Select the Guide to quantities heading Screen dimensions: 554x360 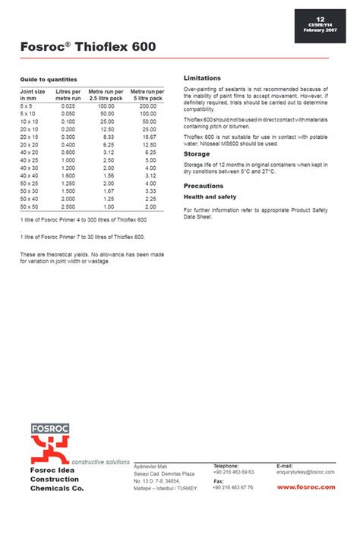click(x=48, y=79)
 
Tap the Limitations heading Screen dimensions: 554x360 click(x=202, y=78)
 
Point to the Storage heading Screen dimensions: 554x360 click(x=197, y=154)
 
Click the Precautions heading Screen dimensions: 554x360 click(x=204, y=186)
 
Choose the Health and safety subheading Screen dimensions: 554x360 click(x=210, y=197)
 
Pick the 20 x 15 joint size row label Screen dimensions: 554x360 click(x=30, y=137)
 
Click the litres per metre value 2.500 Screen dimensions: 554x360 click(x=67, y=206)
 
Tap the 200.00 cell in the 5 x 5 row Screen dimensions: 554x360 click(x=147, y=106)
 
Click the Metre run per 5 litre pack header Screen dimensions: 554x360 click(x=147, y=95)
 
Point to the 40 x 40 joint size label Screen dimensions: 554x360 click(x=30, y=175)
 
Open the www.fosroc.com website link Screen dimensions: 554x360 click(x=305, y=486)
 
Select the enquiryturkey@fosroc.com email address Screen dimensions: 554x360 click(x=305, y=472)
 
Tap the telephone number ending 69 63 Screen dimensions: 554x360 click(x=233, y=472)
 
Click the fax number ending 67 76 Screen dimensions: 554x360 click(x=233, y=487)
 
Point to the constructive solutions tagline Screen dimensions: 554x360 click(x=101, y=461)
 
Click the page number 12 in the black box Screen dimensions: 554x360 click(x=320, y=18)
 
